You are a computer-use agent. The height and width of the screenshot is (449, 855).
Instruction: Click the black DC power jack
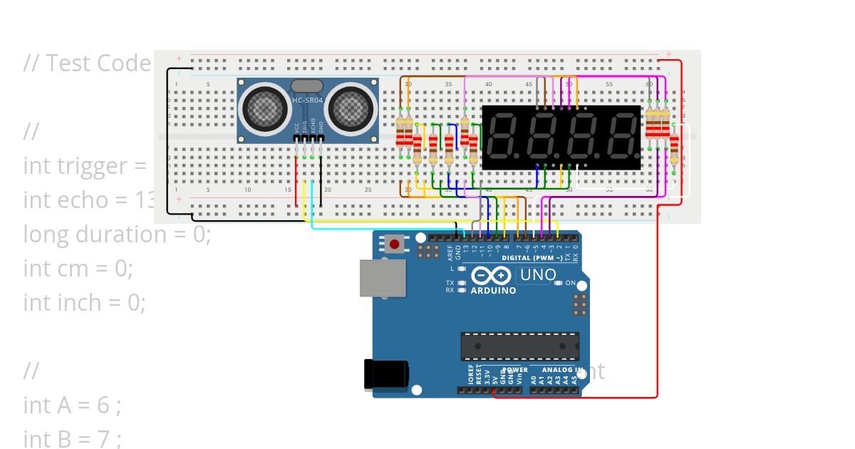[x=385, y=374]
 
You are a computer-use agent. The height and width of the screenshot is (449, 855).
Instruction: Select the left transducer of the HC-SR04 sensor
[x=265, y=108]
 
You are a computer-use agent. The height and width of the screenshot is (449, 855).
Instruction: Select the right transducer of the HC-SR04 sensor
[x=351, y=108]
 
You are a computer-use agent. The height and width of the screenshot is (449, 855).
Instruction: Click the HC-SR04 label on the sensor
[x=308, y=100]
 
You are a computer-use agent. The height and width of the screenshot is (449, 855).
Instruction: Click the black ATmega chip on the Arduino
[x=518, y=346]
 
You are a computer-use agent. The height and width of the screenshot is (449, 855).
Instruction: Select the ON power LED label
[x=570, y=283]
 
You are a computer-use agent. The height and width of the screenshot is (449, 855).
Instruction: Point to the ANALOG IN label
[x=563, y=370]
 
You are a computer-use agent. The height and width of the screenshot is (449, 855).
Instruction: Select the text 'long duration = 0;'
[x=117, y=234]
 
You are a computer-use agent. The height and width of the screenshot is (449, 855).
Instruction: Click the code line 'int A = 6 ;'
[x=72, y=405]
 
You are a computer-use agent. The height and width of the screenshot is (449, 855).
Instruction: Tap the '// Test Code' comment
[x=87, y=63]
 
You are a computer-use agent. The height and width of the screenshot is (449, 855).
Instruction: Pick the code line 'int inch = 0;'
[x=84, y=302]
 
